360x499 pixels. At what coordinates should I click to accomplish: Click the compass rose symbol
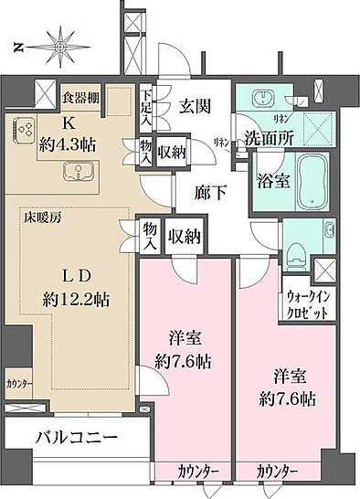click(x=62, y=44)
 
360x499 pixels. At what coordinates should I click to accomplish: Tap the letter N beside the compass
click(x=17, y=45)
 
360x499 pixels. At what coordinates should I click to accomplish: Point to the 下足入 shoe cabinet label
click(x=147, y=104)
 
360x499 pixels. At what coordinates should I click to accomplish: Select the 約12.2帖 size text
click(x=75, y=297)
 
